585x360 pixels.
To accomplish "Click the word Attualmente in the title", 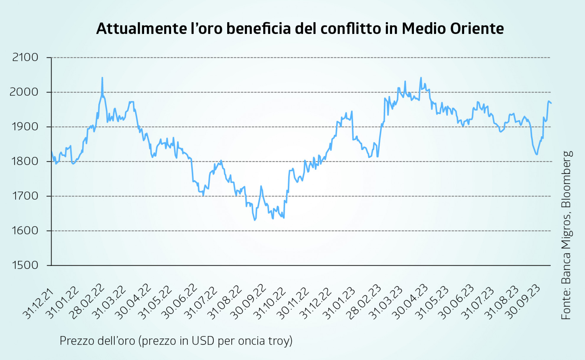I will (142, 29).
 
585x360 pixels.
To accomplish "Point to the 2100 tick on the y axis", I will (25, 57).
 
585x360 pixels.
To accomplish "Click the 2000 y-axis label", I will (24, 92).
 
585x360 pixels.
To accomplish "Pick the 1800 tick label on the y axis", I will (25, 161).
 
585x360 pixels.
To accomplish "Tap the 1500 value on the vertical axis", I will (25, 265).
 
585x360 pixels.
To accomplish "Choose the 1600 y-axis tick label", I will (25, 231).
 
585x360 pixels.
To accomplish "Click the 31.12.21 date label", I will (38, 304).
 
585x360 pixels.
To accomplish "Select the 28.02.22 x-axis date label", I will (88, 302).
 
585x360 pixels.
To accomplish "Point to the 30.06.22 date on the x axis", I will (180, 302).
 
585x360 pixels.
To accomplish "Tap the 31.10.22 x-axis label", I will (270, 304).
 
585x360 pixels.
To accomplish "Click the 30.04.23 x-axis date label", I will (409, 302).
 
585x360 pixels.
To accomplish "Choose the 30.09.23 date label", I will (524, 302).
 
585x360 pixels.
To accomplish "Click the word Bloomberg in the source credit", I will (567, 179).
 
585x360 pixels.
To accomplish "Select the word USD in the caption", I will (203, 341).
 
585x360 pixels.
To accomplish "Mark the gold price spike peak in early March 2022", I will (102, 78).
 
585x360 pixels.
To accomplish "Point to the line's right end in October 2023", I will (551, 103).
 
